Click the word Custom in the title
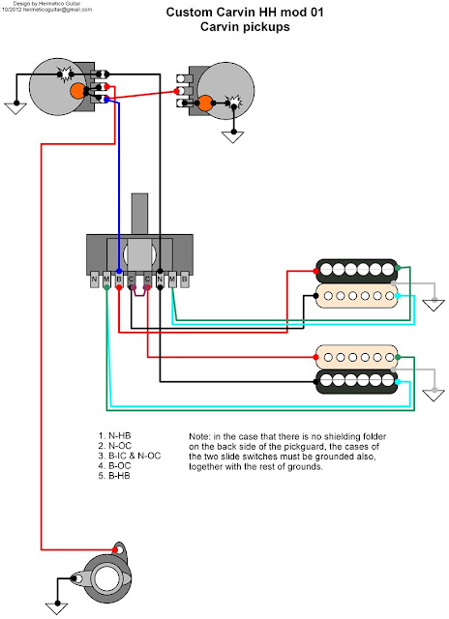coord(194,13)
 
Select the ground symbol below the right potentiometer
coord(233,136)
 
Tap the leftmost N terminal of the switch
coord(95,281)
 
